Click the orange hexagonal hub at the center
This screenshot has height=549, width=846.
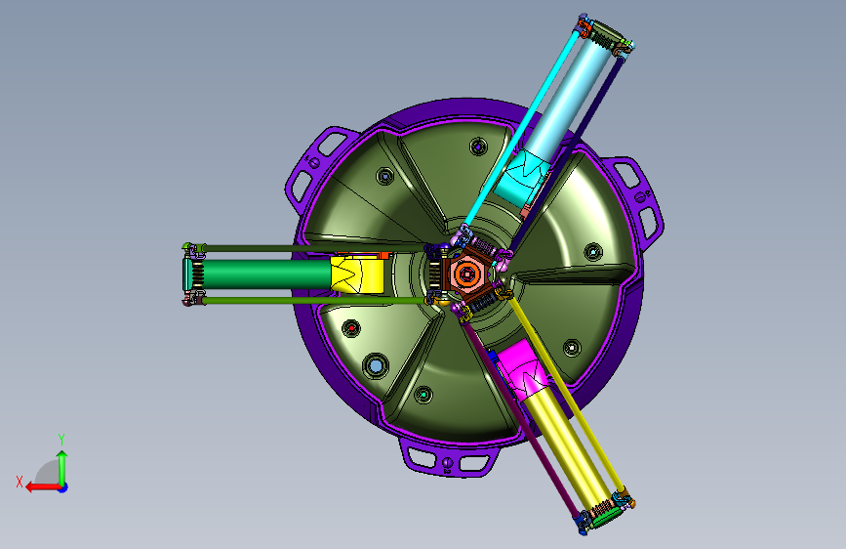click(x=466, y=274)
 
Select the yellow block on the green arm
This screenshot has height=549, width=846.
click(x=357, y=274)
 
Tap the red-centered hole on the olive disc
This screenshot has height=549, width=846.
click(x=351, y=328)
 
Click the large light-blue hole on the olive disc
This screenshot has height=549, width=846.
click(x=376, y=365)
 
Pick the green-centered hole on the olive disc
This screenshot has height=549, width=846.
click(x=423, y=395)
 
